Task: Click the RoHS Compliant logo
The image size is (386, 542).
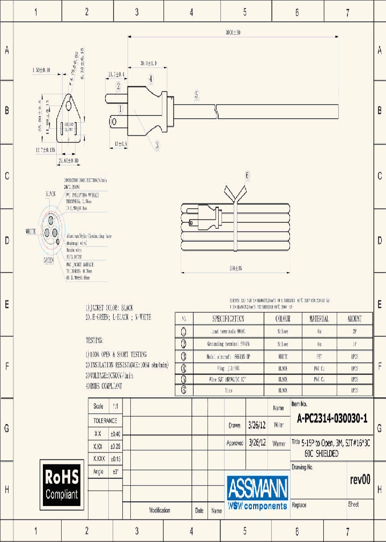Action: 62,484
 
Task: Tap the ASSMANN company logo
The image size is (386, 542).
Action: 257,492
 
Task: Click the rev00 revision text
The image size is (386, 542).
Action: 360,479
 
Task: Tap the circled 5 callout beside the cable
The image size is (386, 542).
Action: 197,95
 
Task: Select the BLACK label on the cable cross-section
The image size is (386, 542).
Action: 51,193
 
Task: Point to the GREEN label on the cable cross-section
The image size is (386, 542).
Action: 49,260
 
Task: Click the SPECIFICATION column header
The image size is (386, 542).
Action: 228,319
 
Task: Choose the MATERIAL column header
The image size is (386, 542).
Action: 319,319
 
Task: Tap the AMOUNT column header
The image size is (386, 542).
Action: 354,319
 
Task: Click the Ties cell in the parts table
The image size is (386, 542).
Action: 228,391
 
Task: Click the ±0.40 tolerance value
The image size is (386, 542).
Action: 115,434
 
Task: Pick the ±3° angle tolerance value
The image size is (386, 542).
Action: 115,471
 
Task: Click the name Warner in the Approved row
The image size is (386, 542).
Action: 279,443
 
